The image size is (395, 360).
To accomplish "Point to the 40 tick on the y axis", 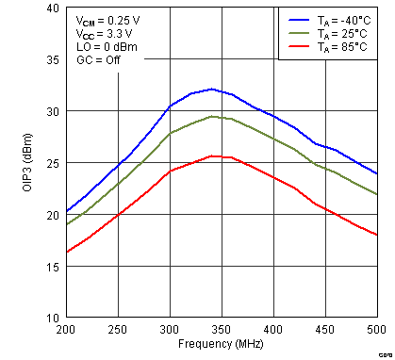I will point(53,8).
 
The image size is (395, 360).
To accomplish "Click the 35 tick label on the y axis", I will point(53,59).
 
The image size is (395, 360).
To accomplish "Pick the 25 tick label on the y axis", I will point(53,163).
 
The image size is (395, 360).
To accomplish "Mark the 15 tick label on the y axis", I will point(53,267).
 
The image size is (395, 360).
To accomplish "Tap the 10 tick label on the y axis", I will point(53,319).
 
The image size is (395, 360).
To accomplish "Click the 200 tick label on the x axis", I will point(66,330).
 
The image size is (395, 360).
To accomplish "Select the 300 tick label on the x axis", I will point(170,330).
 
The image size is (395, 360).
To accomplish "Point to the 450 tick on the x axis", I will point(325,330).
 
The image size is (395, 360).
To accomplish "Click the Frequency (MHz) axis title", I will point(221,344).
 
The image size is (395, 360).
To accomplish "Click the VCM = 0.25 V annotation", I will point(109,18).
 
